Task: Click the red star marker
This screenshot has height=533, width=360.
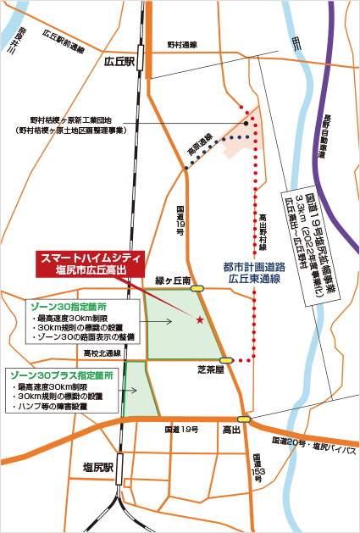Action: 200,319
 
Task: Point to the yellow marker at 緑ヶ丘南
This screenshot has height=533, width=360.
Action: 198,288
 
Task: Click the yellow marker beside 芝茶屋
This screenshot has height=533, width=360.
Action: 226,360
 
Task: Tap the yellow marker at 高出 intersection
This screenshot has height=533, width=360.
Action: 244,418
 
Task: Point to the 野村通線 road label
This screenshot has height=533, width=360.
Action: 181,43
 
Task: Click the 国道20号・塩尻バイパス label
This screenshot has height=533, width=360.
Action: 313,444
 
